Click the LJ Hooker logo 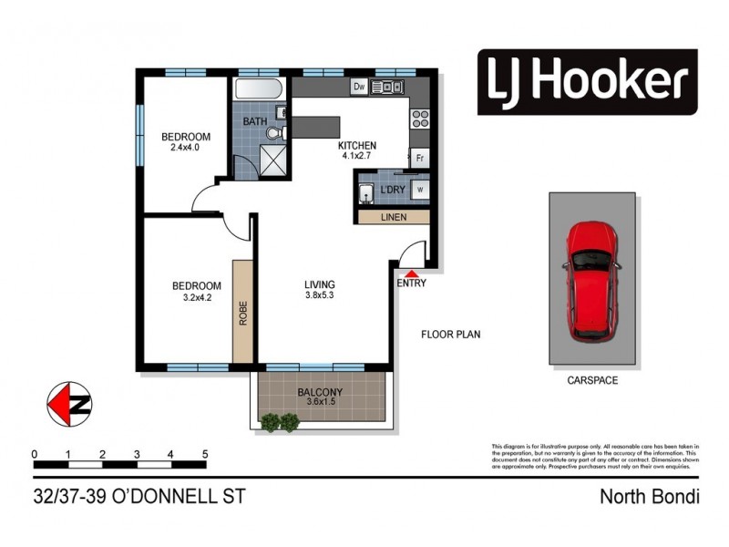588,82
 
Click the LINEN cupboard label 394,217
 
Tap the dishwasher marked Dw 358,87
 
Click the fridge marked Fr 420,158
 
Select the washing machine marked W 420,190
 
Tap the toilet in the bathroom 276,133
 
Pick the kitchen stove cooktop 421,118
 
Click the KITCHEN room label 356,146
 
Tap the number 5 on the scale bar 205,453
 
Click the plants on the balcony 280,421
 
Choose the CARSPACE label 591,380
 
